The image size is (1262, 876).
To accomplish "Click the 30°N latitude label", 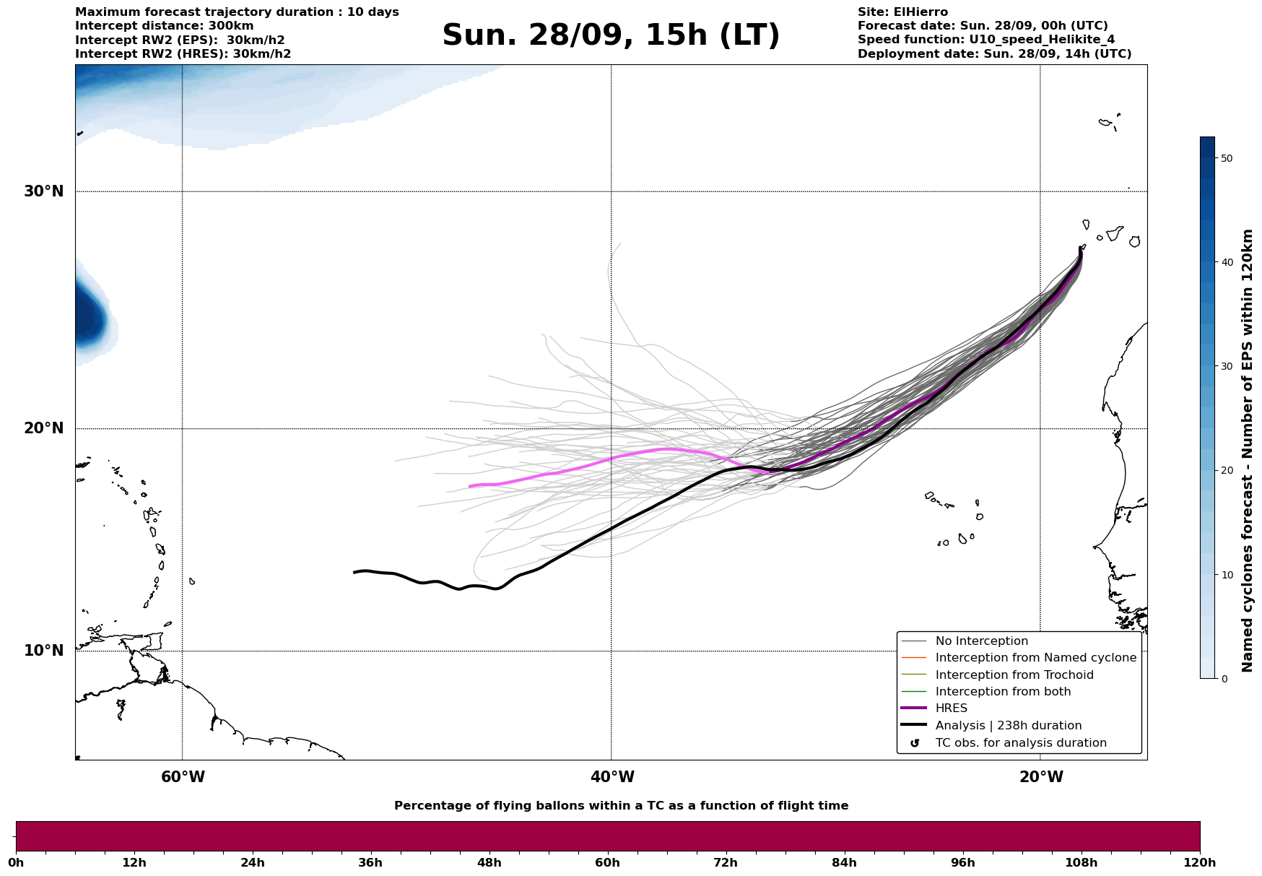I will (44, 191).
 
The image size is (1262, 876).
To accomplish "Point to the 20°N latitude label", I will (44, 428).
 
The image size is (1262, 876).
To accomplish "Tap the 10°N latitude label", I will (44, 651).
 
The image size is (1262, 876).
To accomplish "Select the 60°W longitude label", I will (183, 777).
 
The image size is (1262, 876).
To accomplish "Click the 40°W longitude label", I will (612, 777).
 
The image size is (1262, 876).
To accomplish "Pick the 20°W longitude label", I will (1041, 777).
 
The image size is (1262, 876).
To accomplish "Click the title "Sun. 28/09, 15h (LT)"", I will (611, 35).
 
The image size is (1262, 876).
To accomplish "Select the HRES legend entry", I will (951, 708).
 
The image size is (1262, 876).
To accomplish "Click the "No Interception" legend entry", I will (981, 641).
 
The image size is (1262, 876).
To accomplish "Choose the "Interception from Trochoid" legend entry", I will (1014, 675).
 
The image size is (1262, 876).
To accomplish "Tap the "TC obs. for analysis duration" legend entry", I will (1020, 743).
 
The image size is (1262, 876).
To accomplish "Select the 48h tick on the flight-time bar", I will (489, 863).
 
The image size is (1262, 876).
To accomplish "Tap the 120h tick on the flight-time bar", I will (1200, 863).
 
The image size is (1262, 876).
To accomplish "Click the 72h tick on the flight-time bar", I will (726, 863).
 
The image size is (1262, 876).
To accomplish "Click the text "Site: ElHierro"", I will (902, 12).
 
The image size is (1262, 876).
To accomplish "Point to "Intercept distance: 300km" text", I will (164, 26).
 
